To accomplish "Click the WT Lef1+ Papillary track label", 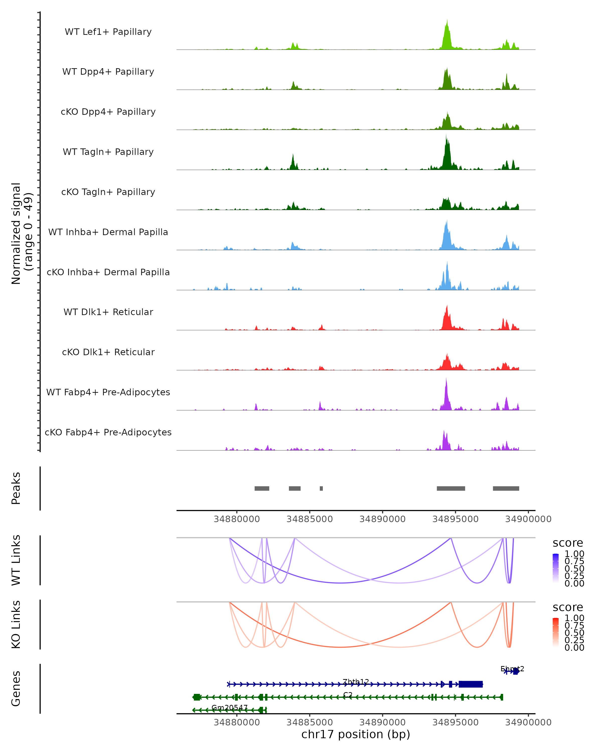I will (108, 32).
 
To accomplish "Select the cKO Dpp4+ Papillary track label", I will (108, 112).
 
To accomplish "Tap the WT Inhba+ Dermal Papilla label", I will (108, 232).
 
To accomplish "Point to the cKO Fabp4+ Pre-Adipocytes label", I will (108, 432).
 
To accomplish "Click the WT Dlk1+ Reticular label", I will (108, 312).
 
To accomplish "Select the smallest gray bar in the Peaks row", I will (321, 488).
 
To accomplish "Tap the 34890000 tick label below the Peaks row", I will (383, 519).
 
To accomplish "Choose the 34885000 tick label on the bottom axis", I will (310, 722).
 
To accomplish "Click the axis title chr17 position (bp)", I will (356, 734).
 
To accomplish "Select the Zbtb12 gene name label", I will (356, 682).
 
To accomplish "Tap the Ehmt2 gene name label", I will (512, 669).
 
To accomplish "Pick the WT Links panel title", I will (16, 560).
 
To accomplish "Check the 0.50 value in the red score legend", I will (574, 633).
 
